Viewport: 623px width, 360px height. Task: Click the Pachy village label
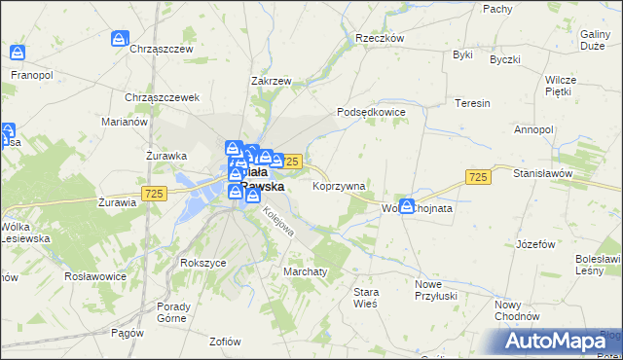click(497, 8)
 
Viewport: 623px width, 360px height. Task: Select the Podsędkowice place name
click(371, 112)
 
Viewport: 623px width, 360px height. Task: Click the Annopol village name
click(533, 128)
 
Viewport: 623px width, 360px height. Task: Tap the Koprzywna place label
click(339, 185)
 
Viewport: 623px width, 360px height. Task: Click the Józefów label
click(535, 243)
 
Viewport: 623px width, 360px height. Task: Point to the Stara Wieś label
click(366, 298)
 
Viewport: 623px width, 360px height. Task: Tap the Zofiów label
click(225, 341)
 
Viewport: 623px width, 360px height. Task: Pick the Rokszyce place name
click(202, 263)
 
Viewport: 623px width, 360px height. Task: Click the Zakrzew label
click(272, 82)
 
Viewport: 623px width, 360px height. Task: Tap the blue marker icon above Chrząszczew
click(118, 40)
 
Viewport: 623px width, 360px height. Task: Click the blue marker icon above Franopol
click(17, 54)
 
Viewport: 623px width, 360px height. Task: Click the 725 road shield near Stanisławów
click(477, 176)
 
